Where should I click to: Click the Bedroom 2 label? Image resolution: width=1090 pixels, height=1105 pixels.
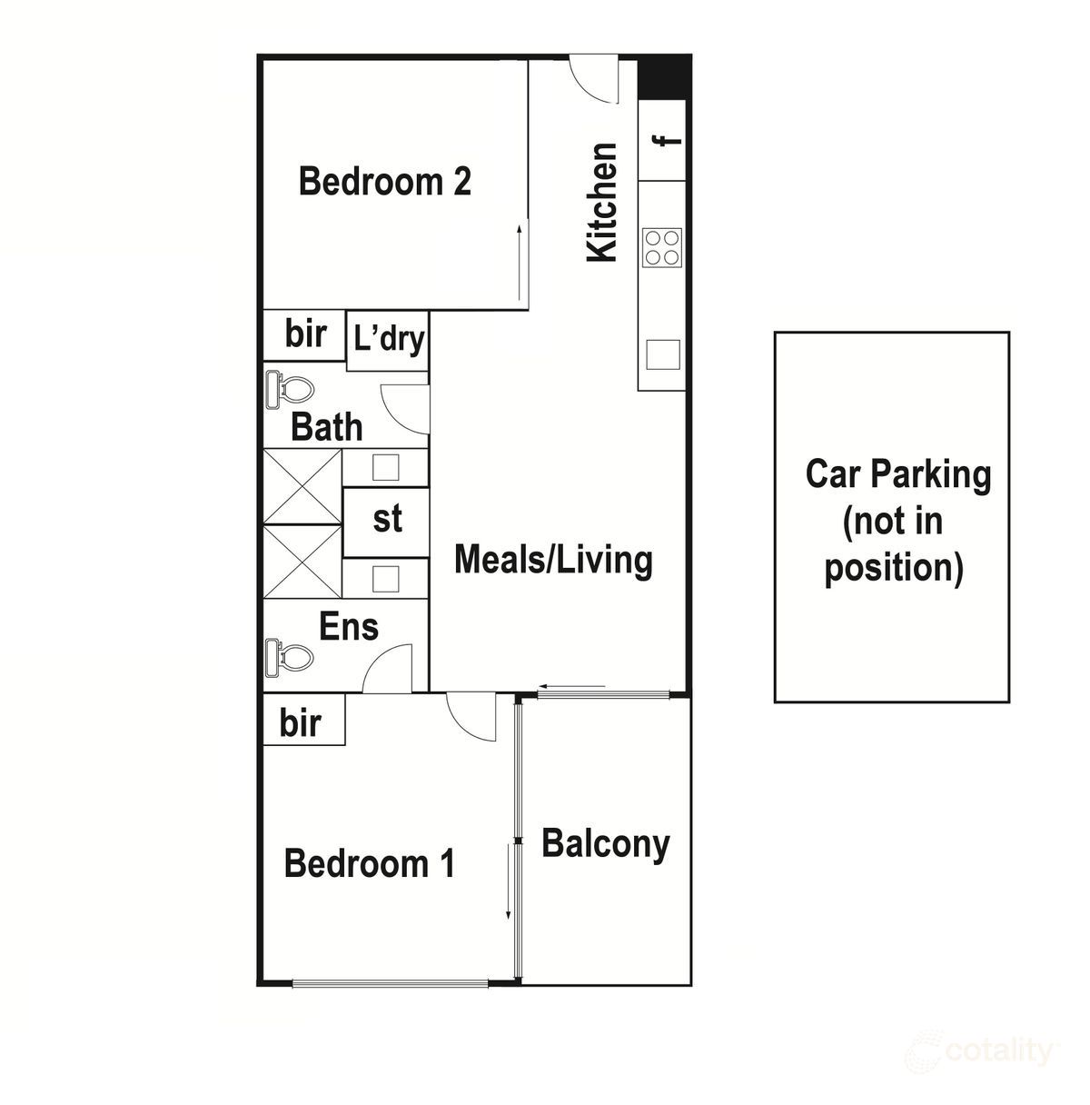pos(385,182)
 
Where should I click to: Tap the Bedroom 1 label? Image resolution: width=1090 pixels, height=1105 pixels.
pos(370,862)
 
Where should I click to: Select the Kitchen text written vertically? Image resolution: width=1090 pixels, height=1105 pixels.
pos(602,203)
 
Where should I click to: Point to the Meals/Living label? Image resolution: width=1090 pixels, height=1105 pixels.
pos(553,560)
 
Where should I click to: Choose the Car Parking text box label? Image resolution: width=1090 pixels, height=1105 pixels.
pos(897,521)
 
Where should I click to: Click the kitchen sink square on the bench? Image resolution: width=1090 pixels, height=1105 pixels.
pos(663,354)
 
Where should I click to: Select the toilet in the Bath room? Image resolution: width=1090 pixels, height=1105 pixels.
pos(289,390)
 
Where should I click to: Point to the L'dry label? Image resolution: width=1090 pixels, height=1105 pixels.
pos(389,340)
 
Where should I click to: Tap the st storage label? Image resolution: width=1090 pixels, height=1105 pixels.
pos(387,519)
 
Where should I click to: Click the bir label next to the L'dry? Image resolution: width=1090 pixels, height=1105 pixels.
pos(305,333)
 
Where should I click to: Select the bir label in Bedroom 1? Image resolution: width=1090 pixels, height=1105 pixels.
pos(301,723)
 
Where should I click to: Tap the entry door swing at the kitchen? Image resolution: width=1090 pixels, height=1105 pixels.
pos(593,79)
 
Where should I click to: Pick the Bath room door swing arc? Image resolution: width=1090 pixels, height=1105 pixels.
pos(402,408)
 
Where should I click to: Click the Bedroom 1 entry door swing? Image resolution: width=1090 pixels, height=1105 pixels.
pos(470,716)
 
